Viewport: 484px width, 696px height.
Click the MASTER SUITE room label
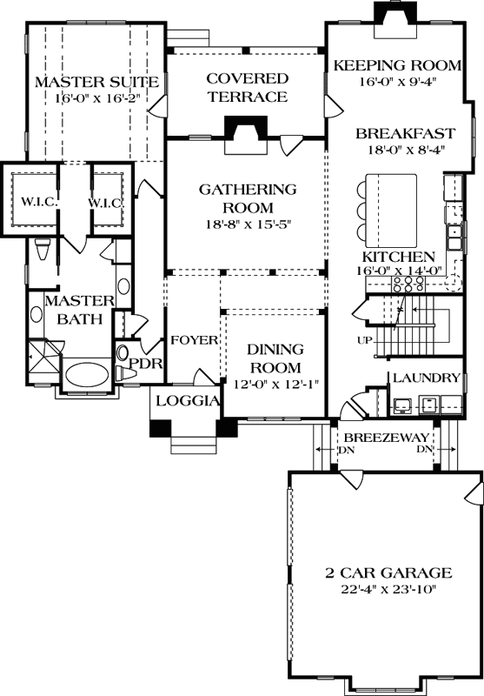click(x=96, y=82)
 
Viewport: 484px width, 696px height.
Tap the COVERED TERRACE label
click(x=247, y=88)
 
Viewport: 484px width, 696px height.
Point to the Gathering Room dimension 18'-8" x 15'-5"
click(x=247, y=223)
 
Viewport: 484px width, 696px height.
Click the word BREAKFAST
click(x=405, y=134)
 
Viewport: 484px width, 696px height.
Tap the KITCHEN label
click(x=398, y=258)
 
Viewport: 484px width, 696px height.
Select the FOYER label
click(x=193, y=340)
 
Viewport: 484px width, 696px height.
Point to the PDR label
click(x=146, y=364)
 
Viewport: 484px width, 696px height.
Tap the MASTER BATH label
click(x=79, y=310)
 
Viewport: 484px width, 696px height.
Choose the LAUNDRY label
click(x=426, y=378)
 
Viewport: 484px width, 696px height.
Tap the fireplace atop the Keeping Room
click(x=388, y=15)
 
